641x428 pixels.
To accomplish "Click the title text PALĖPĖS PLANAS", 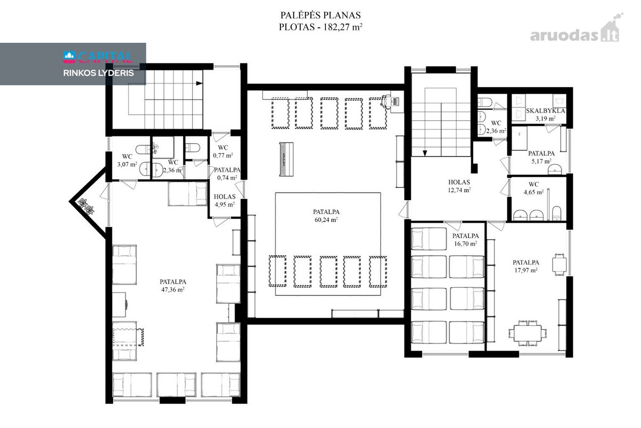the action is (320, 15).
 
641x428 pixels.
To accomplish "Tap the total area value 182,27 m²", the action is (343, 27).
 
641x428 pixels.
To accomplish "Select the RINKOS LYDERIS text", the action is (98, 73).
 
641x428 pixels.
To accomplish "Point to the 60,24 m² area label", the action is (326, 220).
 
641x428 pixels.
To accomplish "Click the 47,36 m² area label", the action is (173, 289).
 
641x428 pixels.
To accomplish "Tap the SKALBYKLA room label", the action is (545, 111).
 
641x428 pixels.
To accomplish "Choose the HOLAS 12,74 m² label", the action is (459, 186).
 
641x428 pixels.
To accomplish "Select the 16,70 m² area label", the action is (466, 243).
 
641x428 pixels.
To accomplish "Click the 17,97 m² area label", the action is (526, 270).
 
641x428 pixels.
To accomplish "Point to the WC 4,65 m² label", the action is (534, 188).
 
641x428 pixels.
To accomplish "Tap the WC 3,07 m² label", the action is (127, 160).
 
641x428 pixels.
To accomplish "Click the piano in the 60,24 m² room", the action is (286, 159).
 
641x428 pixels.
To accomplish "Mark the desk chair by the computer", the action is (386, 102).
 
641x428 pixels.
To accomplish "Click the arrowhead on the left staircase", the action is (199, 83).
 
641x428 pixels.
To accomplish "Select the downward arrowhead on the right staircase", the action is (425, 153).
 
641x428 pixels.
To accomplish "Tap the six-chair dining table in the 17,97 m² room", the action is (527, 333).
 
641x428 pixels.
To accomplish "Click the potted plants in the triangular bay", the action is (87, 207).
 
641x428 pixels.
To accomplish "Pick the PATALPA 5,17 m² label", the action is (542, 157).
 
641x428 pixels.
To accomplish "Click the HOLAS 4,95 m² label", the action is (225, 201).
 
